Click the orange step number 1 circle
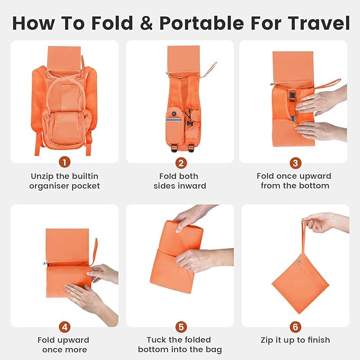tap(64, 162)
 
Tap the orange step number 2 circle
tap(180, 162)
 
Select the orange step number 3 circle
tap(295, 162)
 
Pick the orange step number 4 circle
tap(64, 327)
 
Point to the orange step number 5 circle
tap(180, 327)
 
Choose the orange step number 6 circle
tap(295, 327)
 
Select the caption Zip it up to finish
tap(295, 340)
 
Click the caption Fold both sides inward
tap(180, 181)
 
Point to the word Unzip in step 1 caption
tap(43, 176)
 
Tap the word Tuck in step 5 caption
tap(157, 340)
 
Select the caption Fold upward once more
tap(64, 345)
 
